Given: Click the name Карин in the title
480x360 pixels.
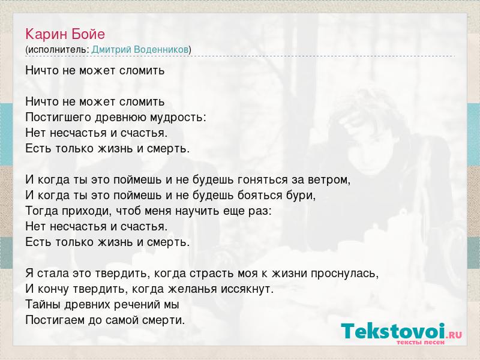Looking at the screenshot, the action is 46,35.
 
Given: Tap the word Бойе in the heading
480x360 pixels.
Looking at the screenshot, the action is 88,34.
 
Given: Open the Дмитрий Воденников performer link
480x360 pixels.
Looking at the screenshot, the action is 140,49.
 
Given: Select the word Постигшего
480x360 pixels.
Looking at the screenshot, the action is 58,117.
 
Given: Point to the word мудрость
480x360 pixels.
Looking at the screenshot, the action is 176,117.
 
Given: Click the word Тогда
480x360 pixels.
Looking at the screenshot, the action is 41,211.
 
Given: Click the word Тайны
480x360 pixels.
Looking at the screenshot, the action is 43,305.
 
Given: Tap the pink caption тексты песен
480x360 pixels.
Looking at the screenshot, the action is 421,343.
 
